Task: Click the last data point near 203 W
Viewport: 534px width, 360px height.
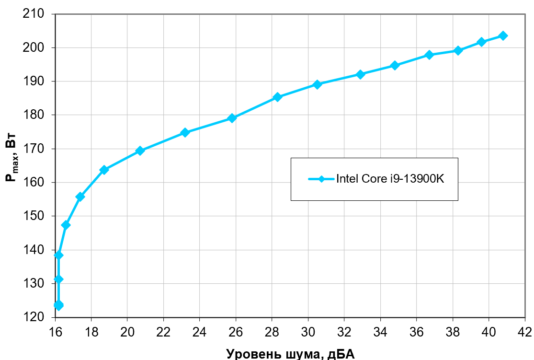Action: (503, 36)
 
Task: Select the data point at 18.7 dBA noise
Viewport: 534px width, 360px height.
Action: (104, 170)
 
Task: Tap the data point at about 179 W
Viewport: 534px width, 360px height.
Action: (232, 118)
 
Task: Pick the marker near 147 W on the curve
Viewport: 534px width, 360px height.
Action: (66, 225)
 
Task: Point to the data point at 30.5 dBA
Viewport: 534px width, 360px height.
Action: (317, 84)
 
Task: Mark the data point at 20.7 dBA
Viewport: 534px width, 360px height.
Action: (140, 151)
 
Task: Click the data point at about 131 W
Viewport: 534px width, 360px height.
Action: (58, 279)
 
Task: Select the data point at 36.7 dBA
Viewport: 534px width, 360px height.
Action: (429, 55)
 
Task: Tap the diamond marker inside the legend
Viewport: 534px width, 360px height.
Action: (321, 179)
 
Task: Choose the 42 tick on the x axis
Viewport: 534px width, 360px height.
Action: (525, 332)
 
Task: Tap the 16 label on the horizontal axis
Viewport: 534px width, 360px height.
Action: (56, 332)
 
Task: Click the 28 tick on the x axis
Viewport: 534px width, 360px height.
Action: (272, 332)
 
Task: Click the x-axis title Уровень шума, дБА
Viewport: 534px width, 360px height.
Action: (290, 354)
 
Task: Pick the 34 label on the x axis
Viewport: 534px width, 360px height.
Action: (380, 332)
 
